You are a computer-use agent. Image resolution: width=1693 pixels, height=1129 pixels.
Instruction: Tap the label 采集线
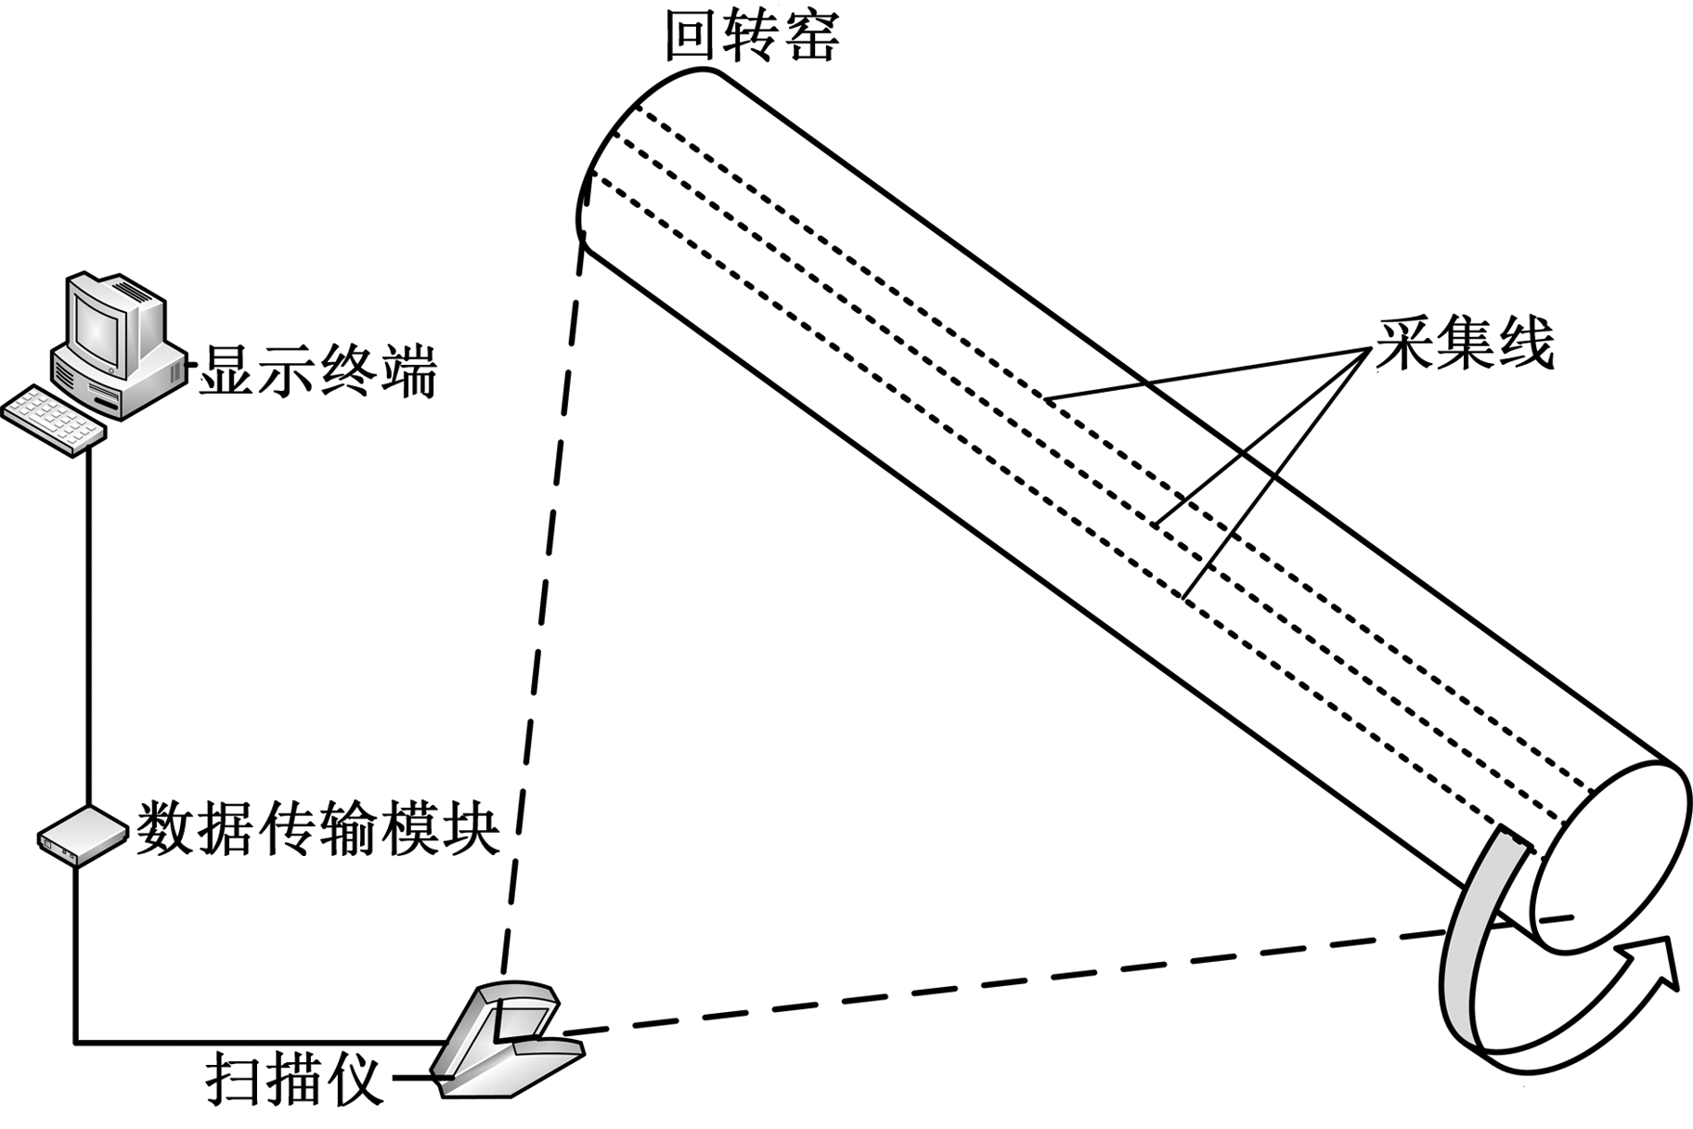(1465, 344)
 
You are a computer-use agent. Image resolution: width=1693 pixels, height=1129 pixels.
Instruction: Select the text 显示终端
(318, 371)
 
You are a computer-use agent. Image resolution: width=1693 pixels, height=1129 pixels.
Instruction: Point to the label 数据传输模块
(317, 828)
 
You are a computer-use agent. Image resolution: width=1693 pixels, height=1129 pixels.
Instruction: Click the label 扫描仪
(294, 1079)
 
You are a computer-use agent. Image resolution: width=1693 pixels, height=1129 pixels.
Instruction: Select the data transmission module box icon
(82, 836)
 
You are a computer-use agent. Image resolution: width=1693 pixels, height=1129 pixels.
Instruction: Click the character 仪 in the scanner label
(353, 1079)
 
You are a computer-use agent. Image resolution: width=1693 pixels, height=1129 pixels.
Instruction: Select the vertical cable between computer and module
(89, 631)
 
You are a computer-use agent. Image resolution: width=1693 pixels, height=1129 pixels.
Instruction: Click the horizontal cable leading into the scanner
(251, 1042)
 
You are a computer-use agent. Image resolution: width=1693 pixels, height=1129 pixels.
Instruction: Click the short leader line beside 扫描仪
(413, 1079)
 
